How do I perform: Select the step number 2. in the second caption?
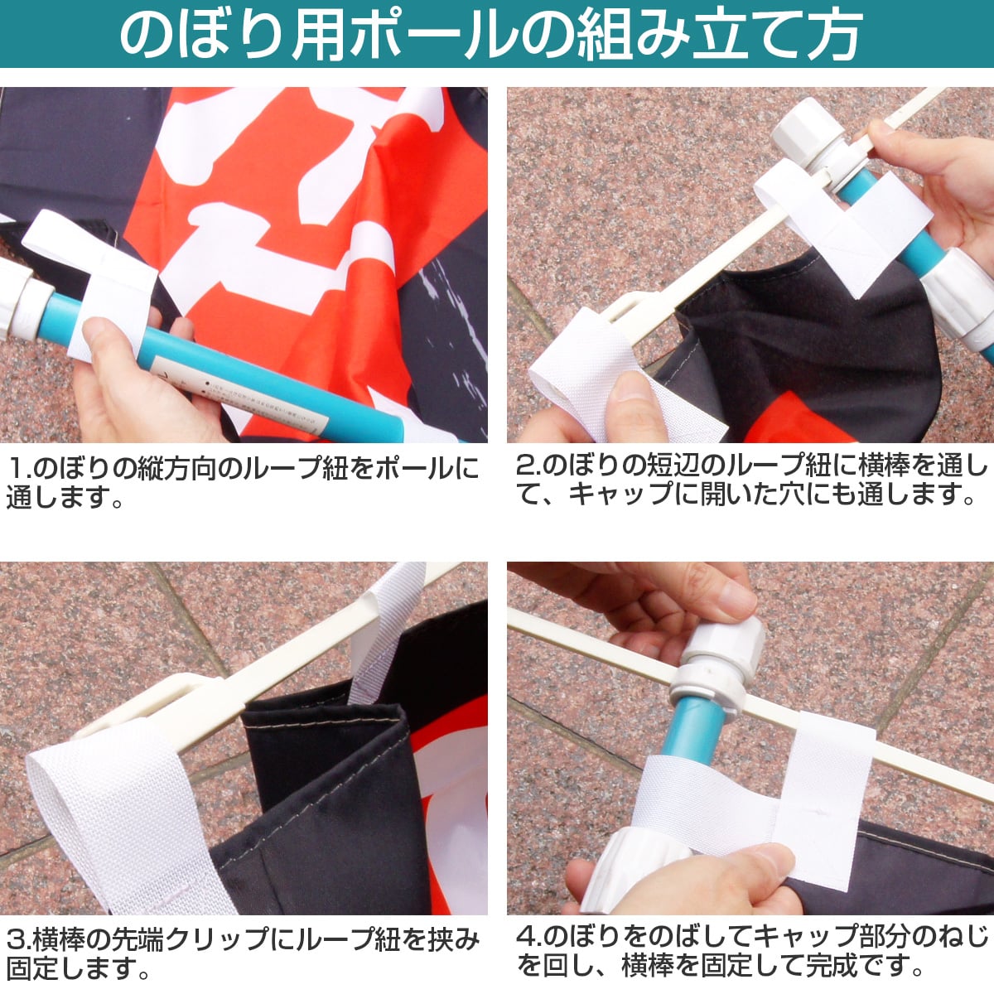[x=528, y=466]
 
